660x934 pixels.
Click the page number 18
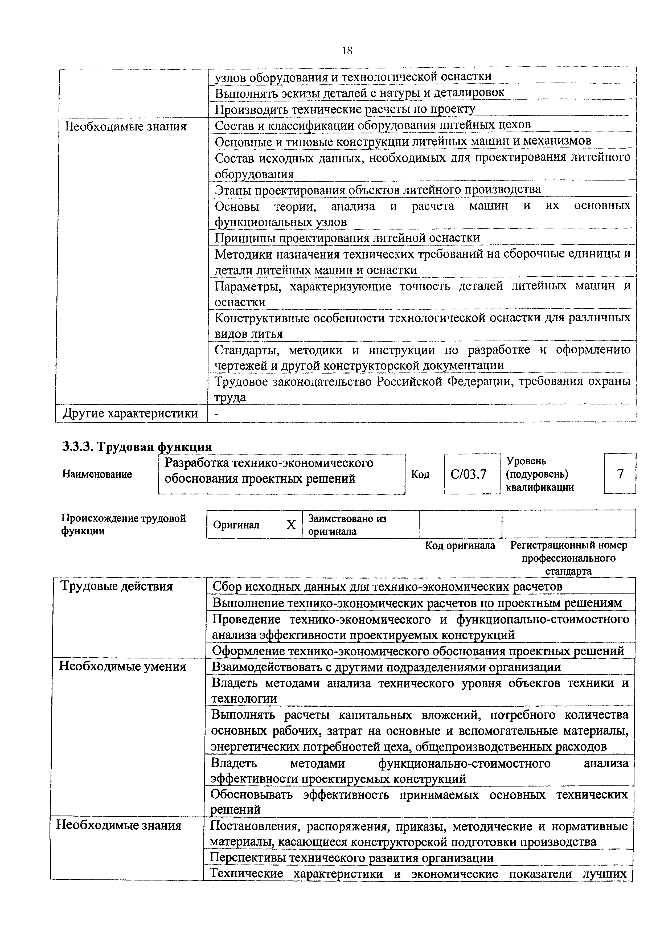point(347,51)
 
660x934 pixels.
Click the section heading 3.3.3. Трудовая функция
point(137,447)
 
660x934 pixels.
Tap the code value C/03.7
point(469,474)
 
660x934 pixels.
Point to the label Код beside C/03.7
point(420,474)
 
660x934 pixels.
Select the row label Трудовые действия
point(116,586)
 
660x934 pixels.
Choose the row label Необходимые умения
point(122,666)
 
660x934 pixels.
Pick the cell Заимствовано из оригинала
point(347,525)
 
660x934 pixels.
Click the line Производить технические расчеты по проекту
point(345,109)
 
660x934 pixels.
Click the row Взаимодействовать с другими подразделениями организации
point(386,667)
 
